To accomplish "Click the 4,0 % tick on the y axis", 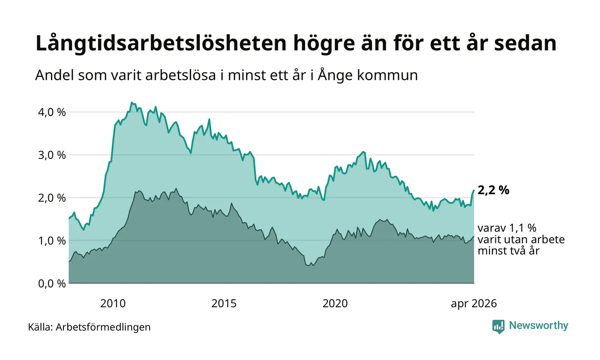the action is pos(52,112).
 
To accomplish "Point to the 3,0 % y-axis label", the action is pos(52,155).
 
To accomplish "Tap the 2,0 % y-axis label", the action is pos(52,198).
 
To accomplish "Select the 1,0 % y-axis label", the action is pos(52,241).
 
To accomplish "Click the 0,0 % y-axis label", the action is pos(52,284).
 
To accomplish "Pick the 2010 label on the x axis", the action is pos(113,303).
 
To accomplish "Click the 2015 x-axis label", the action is pos(224,303).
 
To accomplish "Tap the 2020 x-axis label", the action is pos(335,303).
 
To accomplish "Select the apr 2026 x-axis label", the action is pos(474,304).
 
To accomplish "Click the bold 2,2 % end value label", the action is pos(493,190).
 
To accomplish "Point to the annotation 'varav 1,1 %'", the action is pos(507,228).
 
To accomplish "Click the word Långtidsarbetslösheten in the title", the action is pos(161,43).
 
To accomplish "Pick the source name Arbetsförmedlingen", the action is pos(103,327).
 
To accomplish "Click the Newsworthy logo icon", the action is pos(498,327).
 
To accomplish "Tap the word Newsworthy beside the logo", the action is pos(538,326).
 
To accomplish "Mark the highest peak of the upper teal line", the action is pos(131,102).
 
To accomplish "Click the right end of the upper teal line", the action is pos(474,190).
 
